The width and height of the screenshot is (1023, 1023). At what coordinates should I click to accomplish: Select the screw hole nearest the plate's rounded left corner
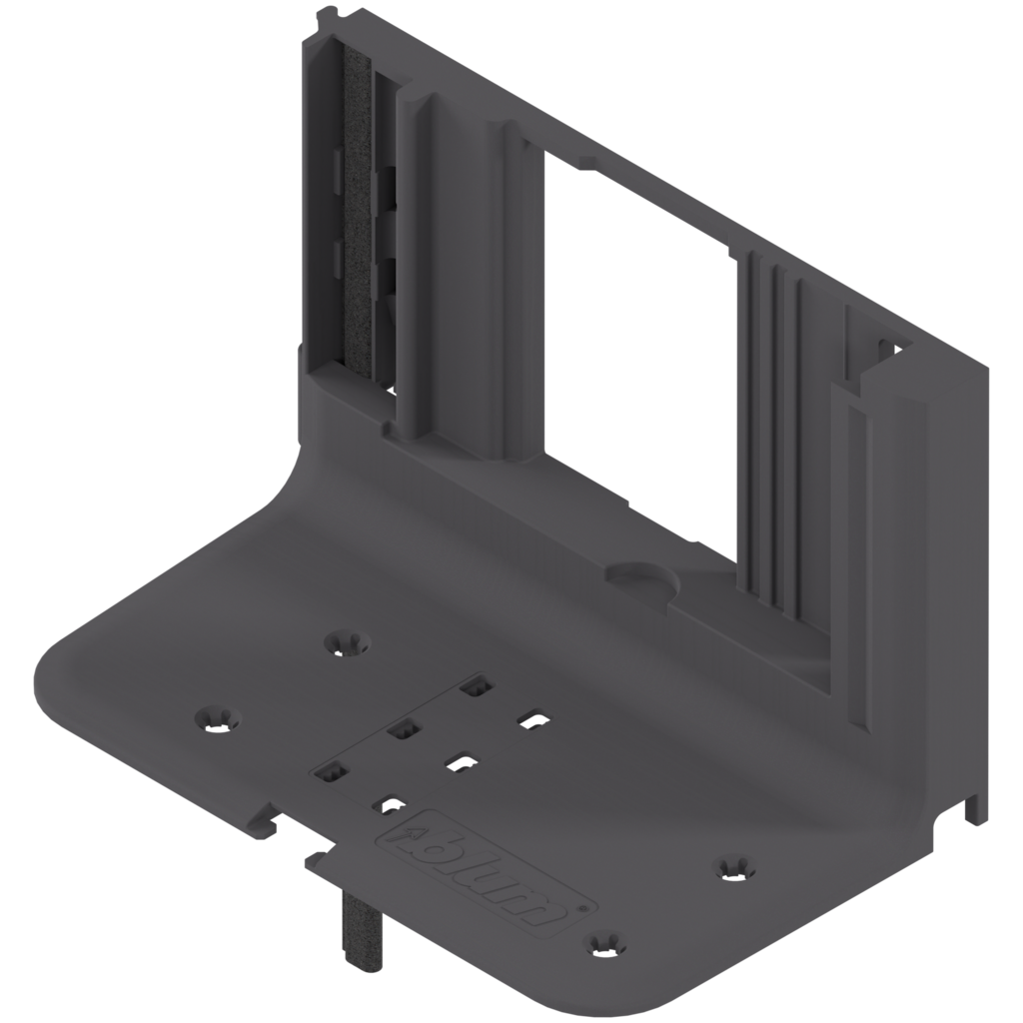(x=216, y=716)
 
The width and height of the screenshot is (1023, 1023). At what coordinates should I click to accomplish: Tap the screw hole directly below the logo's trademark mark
(x=603, y=941)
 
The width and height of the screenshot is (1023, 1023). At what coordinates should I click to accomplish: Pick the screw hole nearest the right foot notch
(x=735, y=867)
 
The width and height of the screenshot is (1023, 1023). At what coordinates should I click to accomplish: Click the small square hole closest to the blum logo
(x=385, y=802)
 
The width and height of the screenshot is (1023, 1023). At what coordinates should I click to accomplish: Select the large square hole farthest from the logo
(x=476, y=686)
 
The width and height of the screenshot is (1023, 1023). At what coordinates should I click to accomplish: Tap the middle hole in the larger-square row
(x=402, y=730)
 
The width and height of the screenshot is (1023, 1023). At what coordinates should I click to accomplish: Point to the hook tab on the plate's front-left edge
(x=264, y=819)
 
